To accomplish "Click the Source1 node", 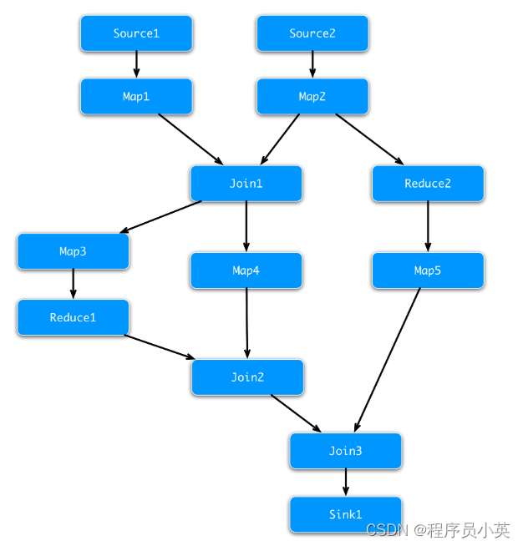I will [x=136, y=33].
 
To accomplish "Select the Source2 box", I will [x=312, y=33].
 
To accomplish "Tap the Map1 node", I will [x=136, y=97].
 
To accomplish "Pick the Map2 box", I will [x=312, y=97].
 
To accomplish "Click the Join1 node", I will [x=246, y=184].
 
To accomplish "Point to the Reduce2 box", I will [x=428, y=184].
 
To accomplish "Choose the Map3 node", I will [x=73, y=251].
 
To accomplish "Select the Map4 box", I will [x=246, y=270].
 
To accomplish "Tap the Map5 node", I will [x=428, y=270].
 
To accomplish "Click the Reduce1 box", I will [x=73, y=317].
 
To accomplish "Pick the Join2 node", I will [x=247, y=377].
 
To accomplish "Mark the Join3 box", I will [x=345, y=451].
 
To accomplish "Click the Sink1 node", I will [x=345, y=514].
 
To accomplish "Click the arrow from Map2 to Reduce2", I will [x=369, y=139].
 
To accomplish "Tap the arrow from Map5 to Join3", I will [x=388, y=359].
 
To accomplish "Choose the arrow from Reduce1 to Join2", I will [x=160, y=346].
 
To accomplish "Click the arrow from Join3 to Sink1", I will [x=345, y=483].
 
